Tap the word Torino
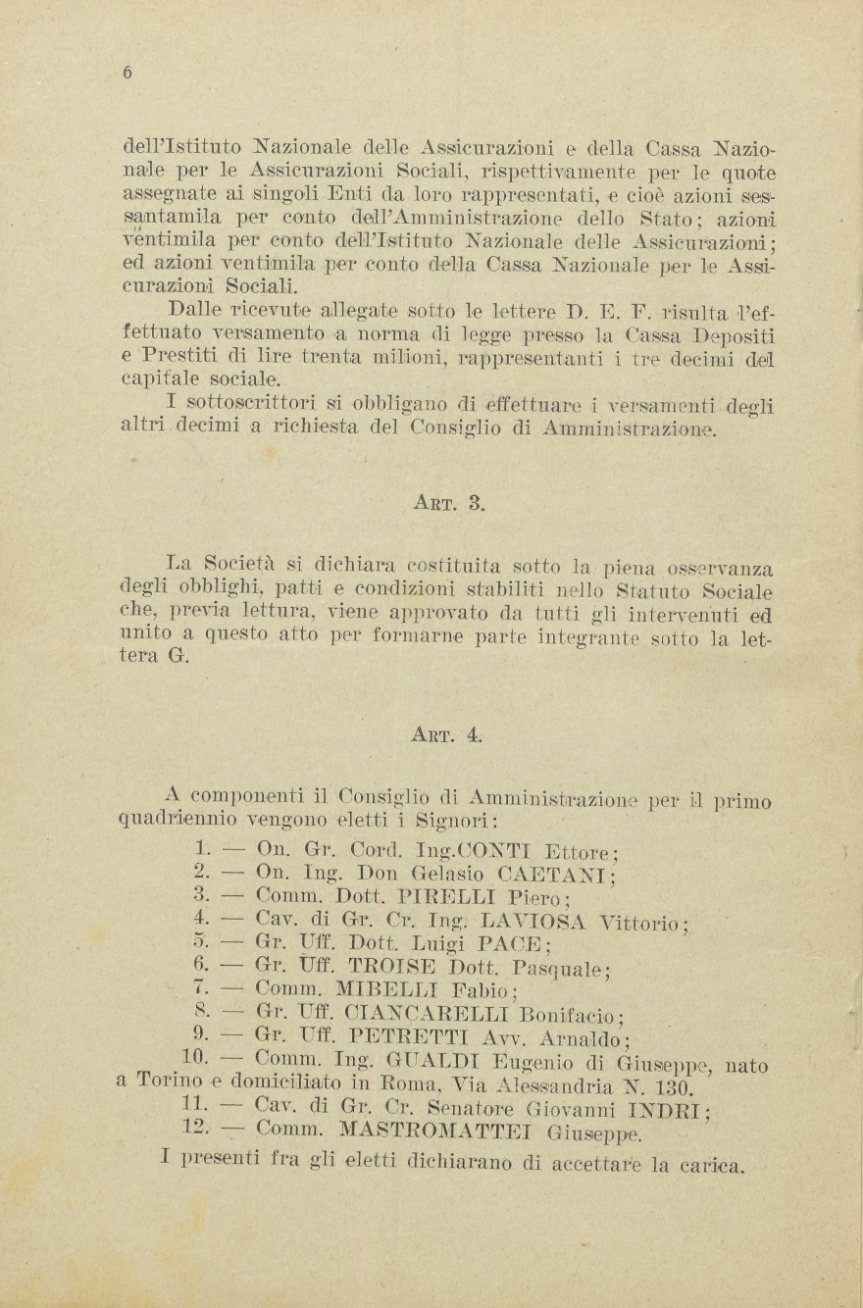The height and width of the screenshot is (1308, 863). pyautogui.click(x=170, y=1082)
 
